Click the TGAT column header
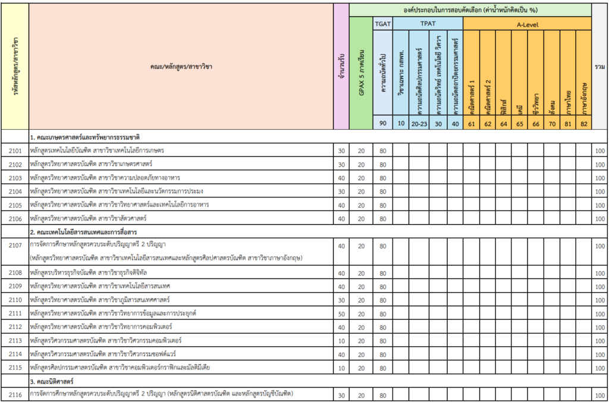coord(383,24)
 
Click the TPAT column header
coord(428,24)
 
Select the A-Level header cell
coord(527,24)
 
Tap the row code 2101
coord(15,150)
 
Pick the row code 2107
coord(15,246)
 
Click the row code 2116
coord(15,395)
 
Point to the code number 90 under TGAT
coord(383,123)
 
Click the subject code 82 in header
coord(583,123)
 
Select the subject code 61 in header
coord(471,123)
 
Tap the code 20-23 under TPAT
coord(420,123)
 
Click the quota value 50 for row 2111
coord(341,313)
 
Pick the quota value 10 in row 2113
coord(341,340)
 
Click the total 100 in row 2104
coord(599,191)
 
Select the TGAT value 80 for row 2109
coord(383,286)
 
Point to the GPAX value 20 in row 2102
coord(361,164)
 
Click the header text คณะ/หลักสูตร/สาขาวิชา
coord(181,67)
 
